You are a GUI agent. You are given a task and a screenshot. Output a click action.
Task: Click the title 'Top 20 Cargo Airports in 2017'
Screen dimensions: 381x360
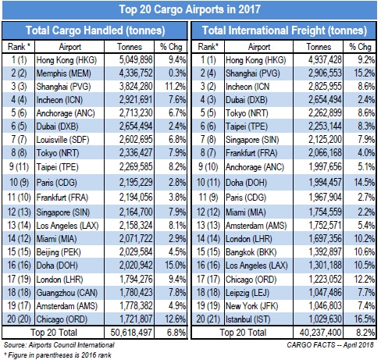click(190, 9)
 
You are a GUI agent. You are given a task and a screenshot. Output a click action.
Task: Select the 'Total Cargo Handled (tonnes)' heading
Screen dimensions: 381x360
click(95, 30)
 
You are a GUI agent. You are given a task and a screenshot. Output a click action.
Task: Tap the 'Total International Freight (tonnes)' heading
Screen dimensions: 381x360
click(284, 30)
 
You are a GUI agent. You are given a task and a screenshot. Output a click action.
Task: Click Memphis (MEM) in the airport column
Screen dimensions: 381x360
click(63, 73)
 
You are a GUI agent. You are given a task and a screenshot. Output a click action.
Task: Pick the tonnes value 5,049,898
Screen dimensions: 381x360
click(136, 60)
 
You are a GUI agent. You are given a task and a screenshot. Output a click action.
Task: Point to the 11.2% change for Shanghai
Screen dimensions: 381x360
click(175, 87)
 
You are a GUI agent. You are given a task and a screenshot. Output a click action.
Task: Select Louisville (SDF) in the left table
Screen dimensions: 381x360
click(62, 140)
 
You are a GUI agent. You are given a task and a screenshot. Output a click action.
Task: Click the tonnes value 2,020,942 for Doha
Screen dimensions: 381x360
click(136, 266)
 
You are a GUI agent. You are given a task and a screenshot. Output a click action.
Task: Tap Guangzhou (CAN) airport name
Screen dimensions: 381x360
click(66, 293)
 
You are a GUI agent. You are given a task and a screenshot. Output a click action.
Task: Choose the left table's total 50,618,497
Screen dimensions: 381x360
click(131, 333)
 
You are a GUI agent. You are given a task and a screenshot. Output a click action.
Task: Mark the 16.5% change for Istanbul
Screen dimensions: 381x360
click(365, 319)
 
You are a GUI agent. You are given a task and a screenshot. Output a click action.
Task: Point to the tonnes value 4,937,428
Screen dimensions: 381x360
click(325, 60)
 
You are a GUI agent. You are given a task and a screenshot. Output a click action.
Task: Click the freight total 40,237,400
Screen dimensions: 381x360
click(320, 333)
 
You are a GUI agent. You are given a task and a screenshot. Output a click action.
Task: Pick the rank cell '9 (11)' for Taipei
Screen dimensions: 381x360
click(19, 166)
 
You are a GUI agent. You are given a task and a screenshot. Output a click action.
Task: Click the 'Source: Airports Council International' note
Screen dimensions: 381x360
click(59, 345)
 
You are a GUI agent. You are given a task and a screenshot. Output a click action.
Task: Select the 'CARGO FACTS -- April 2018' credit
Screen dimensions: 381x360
click(330, 345)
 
